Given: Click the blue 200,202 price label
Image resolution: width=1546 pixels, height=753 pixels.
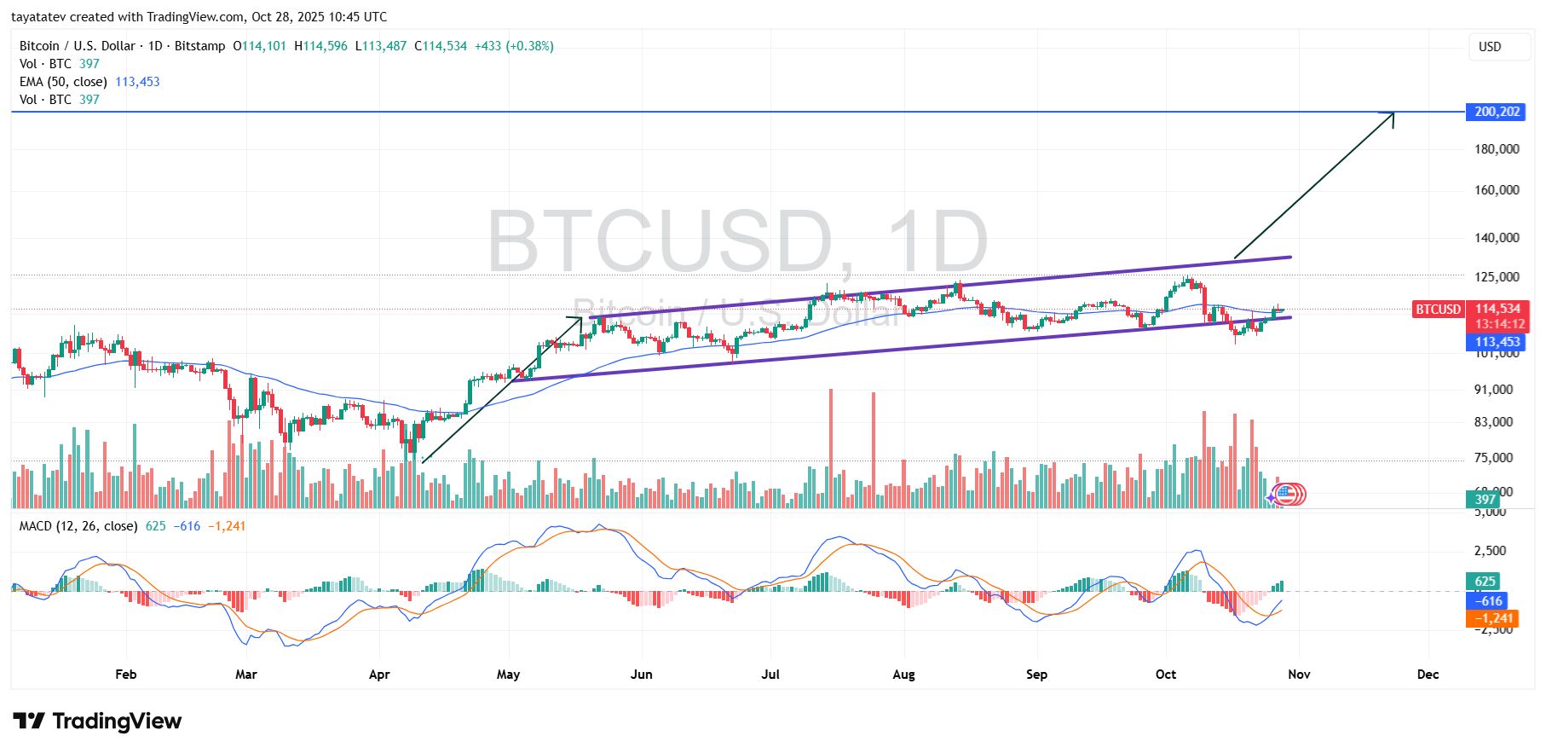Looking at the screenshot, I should click(x=1496, y=112).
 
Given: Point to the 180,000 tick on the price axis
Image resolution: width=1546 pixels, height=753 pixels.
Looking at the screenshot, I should click(x=1497, y=149).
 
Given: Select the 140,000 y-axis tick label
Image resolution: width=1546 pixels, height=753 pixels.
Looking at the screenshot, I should click(x=1497, y=238).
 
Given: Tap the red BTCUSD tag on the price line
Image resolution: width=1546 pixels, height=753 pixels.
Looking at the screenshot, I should click(x=1438, y=310).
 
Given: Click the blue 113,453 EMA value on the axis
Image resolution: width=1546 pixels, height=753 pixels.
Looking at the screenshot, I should click(x=1497, y=342).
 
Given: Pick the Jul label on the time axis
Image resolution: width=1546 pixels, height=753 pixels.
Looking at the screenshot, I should click(x=770, y=675).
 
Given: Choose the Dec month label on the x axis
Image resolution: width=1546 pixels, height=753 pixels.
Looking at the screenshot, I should click(x=1428, y=675).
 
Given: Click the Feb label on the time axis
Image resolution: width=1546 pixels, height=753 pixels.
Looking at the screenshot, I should click(x=125, y=675).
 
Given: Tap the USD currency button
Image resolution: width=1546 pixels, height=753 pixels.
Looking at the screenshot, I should click(x=1490, y=47).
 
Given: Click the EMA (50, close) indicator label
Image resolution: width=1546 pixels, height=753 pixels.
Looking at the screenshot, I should click(x=63, y=82).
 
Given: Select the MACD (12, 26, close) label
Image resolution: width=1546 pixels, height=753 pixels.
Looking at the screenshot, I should click(x=78, y=526).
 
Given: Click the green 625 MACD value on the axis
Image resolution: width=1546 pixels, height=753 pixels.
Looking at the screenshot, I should click(x=1485, y=582).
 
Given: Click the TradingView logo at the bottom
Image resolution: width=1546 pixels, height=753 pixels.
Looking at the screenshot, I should click(x=97, y=721).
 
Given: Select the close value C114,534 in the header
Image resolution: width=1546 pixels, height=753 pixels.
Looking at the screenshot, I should click(x=441, y=46).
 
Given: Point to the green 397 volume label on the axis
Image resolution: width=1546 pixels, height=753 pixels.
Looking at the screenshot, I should click(x=1485, y=500).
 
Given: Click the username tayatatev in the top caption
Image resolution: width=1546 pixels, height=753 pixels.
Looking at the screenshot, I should click(x=40, y=17).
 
